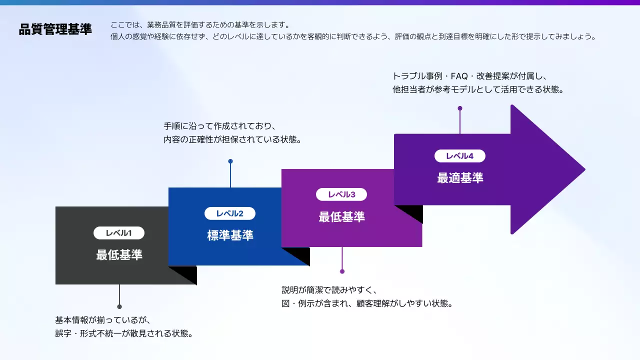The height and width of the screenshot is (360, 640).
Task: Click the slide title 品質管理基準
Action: coord(55,29)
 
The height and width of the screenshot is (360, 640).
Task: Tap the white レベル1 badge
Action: coord(119,233)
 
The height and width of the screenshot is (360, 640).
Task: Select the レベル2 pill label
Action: coord(230,213)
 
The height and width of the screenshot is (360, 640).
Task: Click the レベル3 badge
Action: coord(341,194)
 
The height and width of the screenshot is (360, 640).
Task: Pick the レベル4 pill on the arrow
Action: coord(460,156)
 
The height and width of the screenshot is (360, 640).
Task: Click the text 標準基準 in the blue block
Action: coord(230,235)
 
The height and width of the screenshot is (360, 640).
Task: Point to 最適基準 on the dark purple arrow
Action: coord(460,178)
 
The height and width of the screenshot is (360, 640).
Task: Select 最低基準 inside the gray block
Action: coord(119,255)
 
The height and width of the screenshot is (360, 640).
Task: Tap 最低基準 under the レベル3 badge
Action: coord(341,217)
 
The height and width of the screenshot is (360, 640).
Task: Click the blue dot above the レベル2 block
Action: coord(230,161)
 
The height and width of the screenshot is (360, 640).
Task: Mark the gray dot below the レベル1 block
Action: coord(119,306)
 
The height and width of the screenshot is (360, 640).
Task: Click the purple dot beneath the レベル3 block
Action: coord(342,271)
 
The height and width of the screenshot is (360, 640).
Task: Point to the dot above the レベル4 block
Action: coord(460,108)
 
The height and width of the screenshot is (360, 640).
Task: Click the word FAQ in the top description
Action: coord(459,76)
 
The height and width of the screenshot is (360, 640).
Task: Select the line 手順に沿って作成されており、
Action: coord(220,126)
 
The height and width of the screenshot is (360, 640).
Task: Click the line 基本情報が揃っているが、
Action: coord(103,320)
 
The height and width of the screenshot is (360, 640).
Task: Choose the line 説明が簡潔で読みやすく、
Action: coord(330,290)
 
